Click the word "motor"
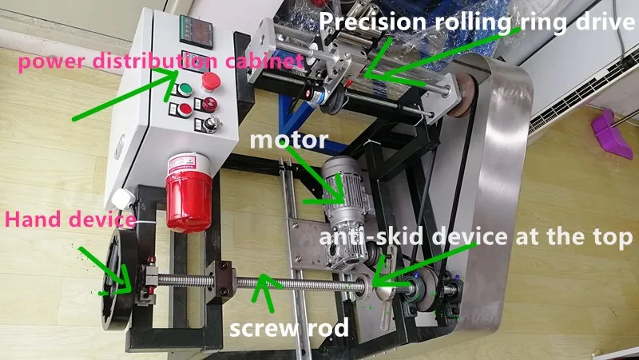click(x=288, y=141)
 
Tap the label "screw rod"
click(x=289, y=327)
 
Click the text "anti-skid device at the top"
click(x=477, y=237)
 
